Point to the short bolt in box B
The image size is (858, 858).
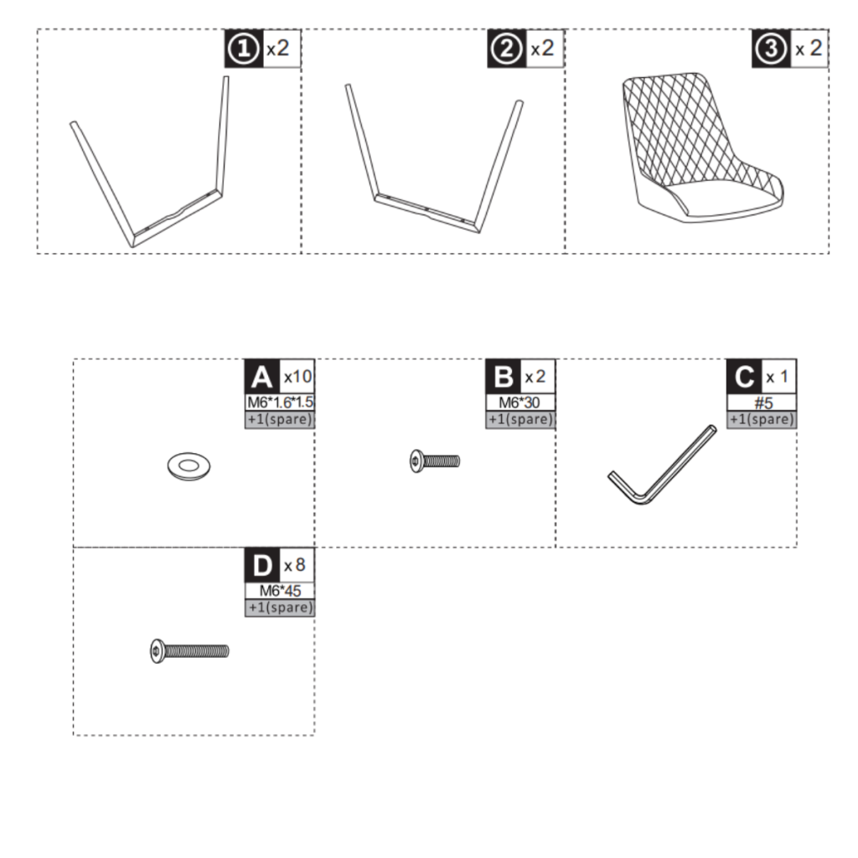435,460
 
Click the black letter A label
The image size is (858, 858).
261,376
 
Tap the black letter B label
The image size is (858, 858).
504,376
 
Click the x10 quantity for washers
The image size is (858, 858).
297,376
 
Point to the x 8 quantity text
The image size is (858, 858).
295,565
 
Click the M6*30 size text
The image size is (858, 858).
520,403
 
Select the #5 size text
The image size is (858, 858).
762,403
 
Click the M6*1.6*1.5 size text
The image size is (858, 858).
280,403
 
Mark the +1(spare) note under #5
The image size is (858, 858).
762,419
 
